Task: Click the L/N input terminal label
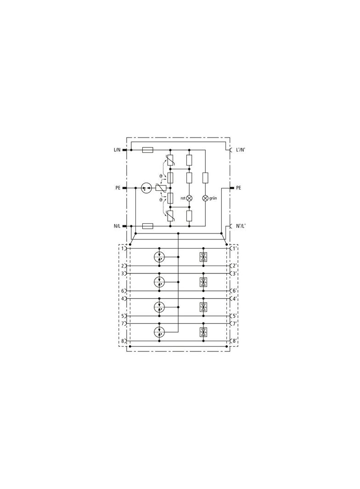(117, 150)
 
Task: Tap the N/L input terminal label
(117, 226)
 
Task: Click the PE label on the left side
(118, 188)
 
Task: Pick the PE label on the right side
(238, 188)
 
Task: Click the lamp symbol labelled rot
(189, 198)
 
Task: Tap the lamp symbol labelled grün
(205, 198)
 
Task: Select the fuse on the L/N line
(148, 150)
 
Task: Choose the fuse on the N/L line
(148, 226)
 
